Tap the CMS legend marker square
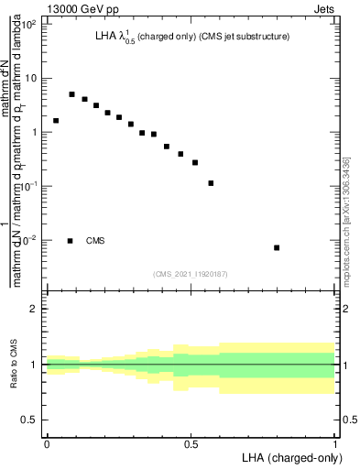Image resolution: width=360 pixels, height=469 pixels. click(x=71, y=241)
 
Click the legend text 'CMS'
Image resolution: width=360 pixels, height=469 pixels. click(x=95, y=241)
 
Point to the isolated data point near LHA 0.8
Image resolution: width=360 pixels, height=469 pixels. click(x=277, y=248)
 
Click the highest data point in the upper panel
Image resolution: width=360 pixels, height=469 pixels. click(x=71, y=94)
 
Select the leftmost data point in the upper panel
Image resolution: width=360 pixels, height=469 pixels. click(x=56, y=121)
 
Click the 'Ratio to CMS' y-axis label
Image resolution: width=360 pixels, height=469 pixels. click(x=14, y=365)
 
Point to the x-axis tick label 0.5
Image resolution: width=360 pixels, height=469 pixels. click(x=191, y=444)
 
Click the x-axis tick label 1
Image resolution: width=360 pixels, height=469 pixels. click(x=335, y=444)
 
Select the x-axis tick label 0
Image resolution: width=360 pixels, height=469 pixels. click(x=47, y=444)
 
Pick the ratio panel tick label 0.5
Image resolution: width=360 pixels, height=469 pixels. click(x=32, y=420)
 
